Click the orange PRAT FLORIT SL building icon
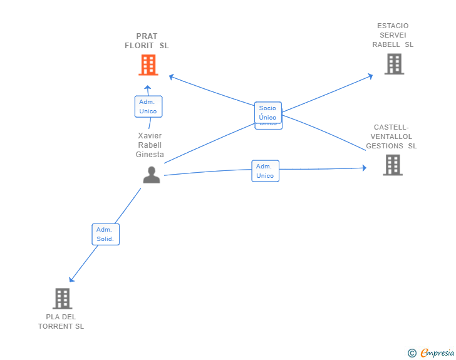click(148, 65)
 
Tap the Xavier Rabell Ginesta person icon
click(152, 175)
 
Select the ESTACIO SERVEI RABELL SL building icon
click(395, 64)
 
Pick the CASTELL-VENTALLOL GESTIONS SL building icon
click(393, 165)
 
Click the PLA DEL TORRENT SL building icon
click(63, 299)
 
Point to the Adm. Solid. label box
click(106, 234)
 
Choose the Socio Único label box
click(268, 113)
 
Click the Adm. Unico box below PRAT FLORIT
click(148, 106)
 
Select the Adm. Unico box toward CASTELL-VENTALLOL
click(265, 171)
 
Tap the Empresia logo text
click(437, 352)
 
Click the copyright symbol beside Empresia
click(412, 353)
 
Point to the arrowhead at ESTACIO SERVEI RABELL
click(371, 76)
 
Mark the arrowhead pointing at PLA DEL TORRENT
click(71, 279)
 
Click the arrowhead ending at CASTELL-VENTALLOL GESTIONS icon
click(364, 168)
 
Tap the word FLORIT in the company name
click(139, 46)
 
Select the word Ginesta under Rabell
click(150, 155)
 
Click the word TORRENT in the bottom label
click(55, 326)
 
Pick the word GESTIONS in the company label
click(385, 146)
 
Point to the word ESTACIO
click(393, 26)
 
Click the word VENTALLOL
click(391, 136)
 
